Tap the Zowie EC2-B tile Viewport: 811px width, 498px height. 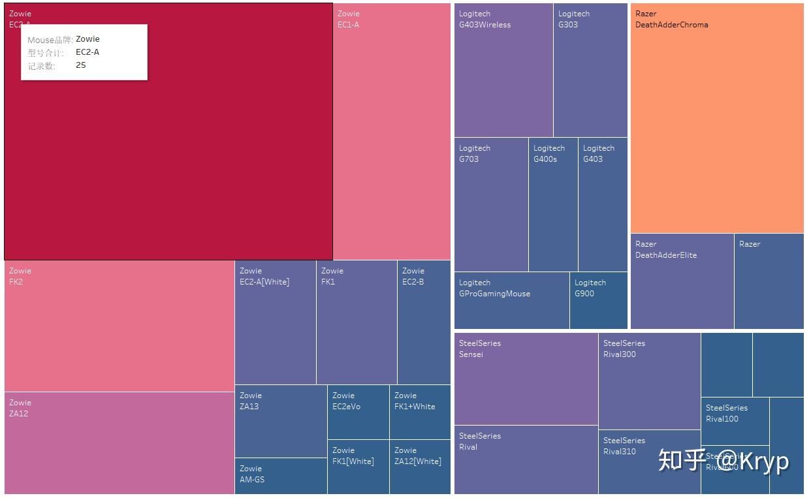click(424, 323)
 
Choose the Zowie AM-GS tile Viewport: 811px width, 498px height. click(281, 476)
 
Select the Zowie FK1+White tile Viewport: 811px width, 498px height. click(420, 412)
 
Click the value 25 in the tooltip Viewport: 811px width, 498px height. click(81, 65)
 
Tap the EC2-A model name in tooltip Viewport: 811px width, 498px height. click(87, 52)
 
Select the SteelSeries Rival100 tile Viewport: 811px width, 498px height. click(735, 422)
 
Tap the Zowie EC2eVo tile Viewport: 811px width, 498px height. click(358, 412)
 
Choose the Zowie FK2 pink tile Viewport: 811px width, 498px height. click(119, 326)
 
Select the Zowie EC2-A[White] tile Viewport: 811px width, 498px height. click(275, 323)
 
